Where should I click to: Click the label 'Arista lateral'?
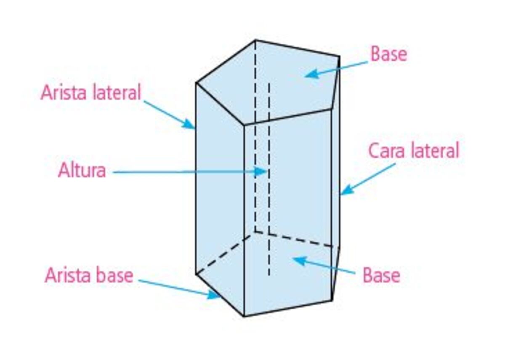90,93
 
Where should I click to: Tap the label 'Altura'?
82,171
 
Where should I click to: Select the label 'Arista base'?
89,276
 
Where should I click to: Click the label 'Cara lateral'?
414,151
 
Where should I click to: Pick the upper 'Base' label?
388,54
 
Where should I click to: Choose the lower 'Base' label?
381,275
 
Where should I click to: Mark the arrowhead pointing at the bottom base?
296,259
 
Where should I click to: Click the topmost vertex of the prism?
255,40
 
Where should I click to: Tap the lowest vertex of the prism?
245,316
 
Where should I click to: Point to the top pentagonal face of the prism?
278,84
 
